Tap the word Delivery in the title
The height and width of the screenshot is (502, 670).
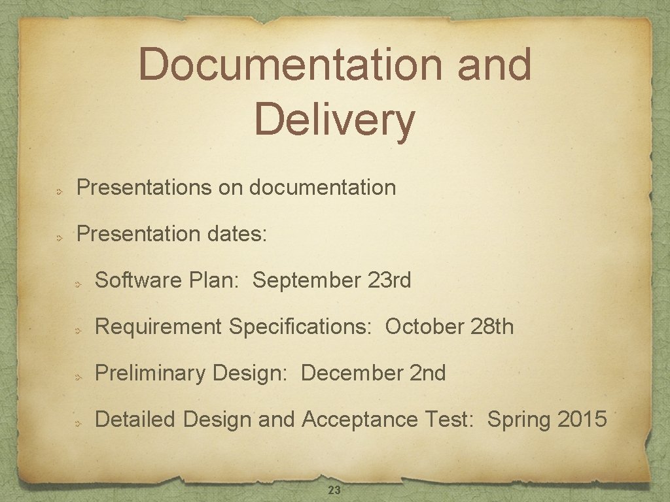click(334, 121)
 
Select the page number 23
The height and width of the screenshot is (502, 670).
click(334, 490)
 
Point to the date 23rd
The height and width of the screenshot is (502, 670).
click(389, 280)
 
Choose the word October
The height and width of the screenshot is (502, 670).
click(425, 326)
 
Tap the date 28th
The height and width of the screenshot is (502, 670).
click(492, 326)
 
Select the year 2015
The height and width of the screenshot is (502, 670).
click(582, 419)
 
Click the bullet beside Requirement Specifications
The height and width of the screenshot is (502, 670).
click(77, 331)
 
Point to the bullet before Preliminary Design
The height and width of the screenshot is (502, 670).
click(77, 377)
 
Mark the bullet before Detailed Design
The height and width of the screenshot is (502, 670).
click(77, 424)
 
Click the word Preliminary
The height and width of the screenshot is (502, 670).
click(150, 374)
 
